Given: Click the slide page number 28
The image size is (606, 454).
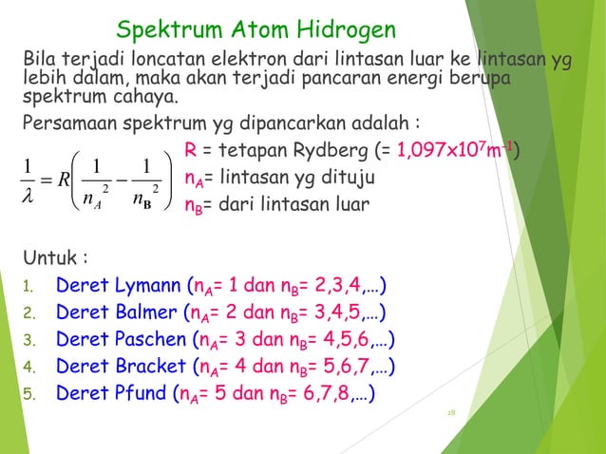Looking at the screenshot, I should [x=451, y=414].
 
